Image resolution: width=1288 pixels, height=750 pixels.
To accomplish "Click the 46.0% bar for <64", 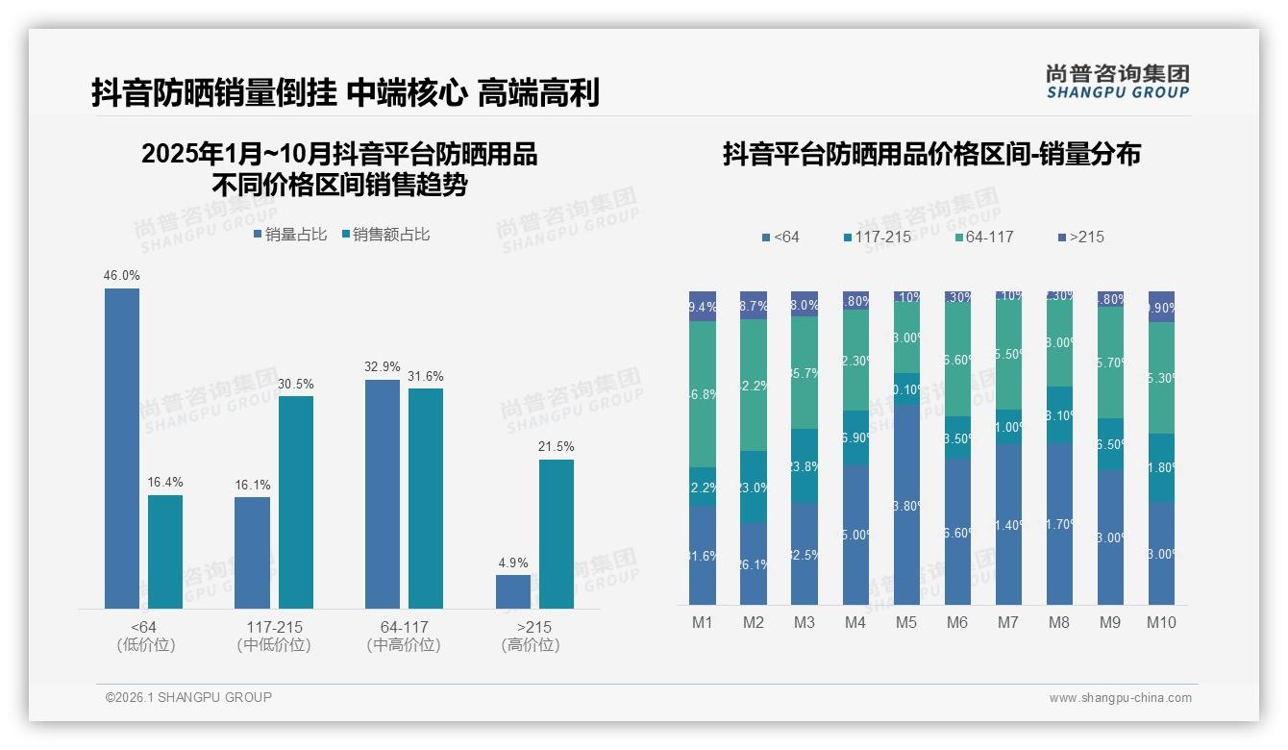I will tap(122, 448).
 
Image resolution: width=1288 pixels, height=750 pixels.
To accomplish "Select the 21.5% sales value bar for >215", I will tap(556, 534).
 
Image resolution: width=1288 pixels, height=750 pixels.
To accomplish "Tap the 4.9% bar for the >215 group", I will tap(512, 591).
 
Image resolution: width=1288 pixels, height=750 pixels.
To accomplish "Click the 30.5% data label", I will tap(296, 384).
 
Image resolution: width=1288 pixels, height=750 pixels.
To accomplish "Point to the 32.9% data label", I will tap(383, 366).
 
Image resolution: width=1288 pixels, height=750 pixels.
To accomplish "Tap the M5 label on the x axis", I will tap(906, 622).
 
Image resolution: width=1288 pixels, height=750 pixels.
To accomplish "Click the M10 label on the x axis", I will tap(1161, 622).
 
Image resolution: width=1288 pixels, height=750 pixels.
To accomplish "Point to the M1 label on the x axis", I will tap(703, 622).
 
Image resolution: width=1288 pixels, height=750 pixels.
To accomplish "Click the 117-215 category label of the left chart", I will tap(274, 627).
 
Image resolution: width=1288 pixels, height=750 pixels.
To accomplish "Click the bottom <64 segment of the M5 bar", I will tap(906, 505).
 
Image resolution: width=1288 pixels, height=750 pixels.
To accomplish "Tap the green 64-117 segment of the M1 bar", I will tap(703, 394).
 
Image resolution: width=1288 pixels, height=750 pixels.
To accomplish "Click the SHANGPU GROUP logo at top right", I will tap(1117, 82).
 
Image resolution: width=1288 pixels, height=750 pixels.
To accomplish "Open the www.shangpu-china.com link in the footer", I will tap(1120, 698).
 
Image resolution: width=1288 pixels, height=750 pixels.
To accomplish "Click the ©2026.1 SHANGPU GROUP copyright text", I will tap(188, 697).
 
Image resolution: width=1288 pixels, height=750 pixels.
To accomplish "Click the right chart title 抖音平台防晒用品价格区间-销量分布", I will tap(931, 154).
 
